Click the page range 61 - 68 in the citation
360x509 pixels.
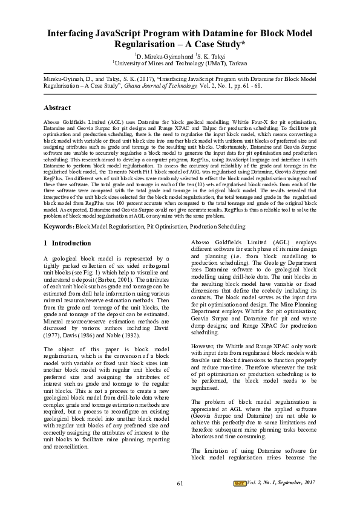coord(250,86)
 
